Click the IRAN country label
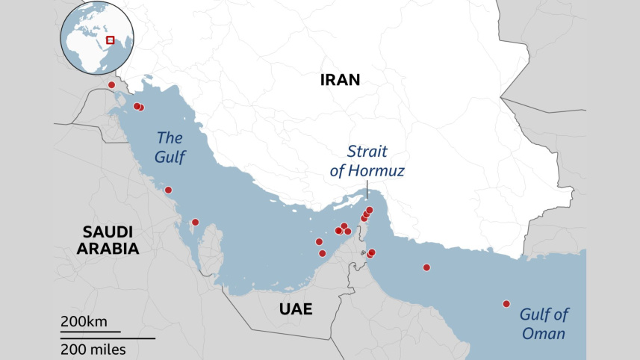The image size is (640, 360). click(340, 81)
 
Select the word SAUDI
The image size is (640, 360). click(108, 231)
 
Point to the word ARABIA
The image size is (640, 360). click(108, 249)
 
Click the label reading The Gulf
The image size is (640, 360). click(170, 147)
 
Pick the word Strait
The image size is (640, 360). click(367, 152)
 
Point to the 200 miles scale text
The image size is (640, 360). click(93, 349)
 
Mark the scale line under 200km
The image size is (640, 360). click(90, 331)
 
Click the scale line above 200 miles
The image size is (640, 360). click(108, 338)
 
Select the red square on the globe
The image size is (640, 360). click(111, 40)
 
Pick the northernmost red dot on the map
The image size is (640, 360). click(112, 85)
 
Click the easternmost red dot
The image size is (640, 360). click(506, 303)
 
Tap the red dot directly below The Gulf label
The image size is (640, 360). click(168, 190)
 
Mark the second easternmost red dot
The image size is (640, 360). click(426, 267)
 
